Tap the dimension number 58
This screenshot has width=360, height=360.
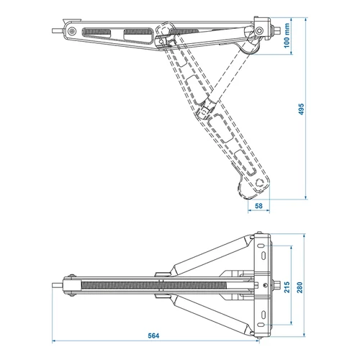tap(260, 207)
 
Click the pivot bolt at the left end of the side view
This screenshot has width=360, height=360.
tap(69, 32)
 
